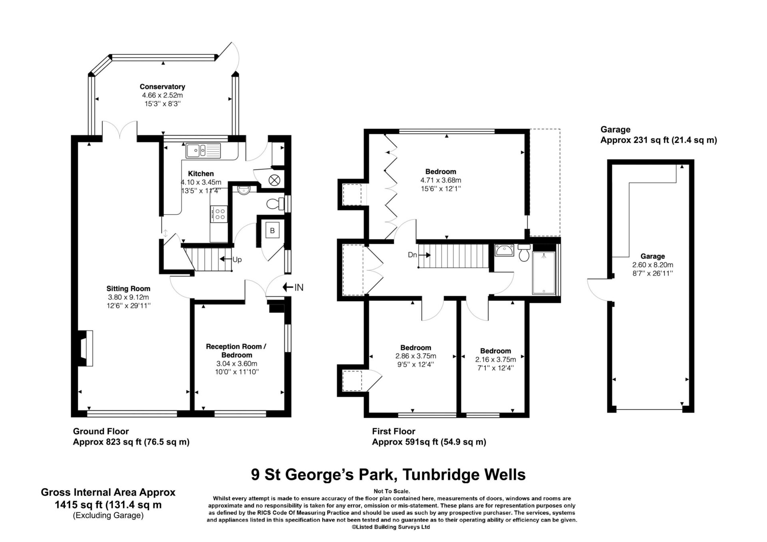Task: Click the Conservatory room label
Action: pos(162,87)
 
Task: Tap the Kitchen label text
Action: pos(201,174)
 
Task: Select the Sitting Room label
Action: pos(128,288)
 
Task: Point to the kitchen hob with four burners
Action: pos(219,214)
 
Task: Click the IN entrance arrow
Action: pos(293,287)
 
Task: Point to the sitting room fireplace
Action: pos(86,348)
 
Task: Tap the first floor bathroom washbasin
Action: pos(505,250)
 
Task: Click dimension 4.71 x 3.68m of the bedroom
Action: pos(441,180)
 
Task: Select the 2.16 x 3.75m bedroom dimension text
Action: pos(495,359)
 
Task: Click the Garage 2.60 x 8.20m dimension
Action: pos(652,265)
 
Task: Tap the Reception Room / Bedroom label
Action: pos(236,351)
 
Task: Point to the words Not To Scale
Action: pos(391,491)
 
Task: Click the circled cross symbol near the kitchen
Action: pos(274,180)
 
